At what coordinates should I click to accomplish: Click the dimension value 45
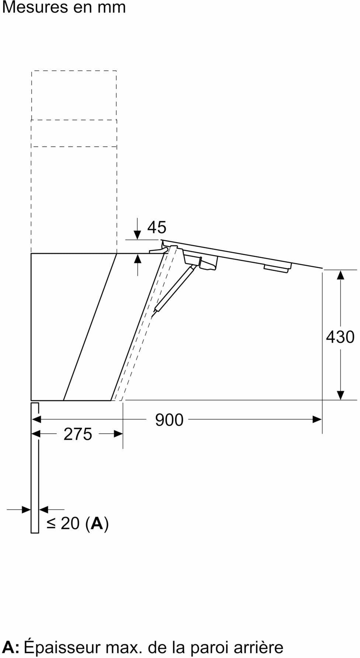click(157, 227)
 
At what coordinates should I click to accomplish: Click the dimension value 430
click(340, 337)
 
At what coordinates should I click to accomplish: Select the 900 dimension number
click(169, 420)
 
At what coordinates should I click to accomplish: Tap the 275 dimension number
click(77, 434)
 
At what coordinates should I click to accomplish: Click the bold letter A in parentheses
click(97, 523)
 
